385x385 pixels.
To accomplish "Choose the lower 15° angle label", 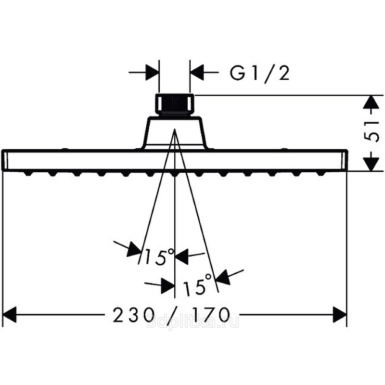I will tap(197, 286).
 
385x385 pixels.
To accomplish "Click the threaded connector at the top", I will tap(174, 104).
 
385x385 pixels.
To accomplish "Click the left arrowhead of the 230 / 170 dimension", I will tap(9, 316).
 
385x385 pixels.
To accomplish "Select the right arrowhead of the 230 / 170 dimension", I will tap(340, 316).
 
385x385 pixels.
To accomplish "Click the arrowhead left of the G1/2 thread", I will tap(153, 73).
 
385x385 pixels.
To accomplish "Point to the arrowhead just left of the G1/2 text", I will tap(196, 73).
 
